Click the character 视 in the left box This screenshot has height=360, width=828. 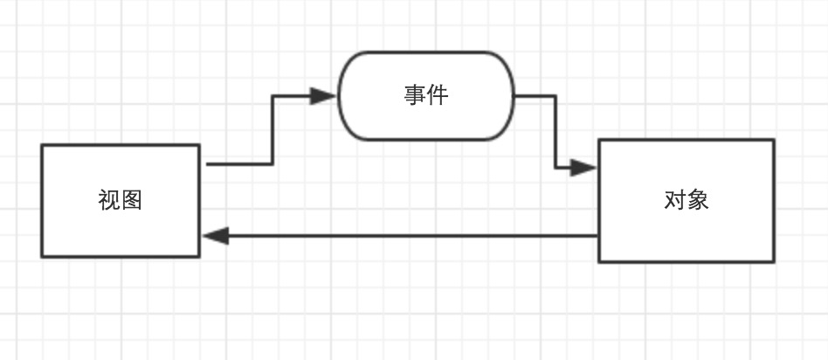(109, 201)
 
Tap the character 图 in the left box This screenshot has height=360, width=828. (132, 201)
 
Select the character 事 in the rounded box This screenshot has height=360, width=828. (415, 95)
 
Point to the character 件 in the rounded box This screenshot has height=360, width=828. (438, 95)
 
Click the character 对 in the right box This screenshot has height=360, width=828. (674, 201)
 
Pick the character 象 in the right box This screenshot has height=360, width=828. (697, 201)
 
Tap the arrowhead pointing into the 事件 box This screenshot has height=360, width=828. (325, 96)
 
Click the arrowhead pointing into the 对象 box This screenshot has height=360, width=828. (584, 167)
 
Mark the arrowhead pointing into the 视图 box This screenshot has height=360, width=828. (215, 236)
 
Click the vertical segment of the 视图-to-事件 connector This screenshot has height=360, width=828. (273, 129)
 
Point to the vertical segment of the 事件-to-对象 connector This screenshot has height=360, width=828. (555, 131)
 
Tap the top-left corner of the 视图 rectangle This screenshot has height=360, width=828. (42, 146)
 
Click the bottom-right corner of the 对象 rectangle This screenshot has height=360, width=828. (774, 261)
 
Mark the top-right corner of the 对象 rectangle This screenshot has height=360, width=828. (774, 140)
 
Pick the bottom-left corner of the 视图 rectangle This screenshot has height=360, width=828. (42, 257)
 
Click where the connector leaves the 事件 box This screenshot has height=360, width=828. (516, 96)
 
